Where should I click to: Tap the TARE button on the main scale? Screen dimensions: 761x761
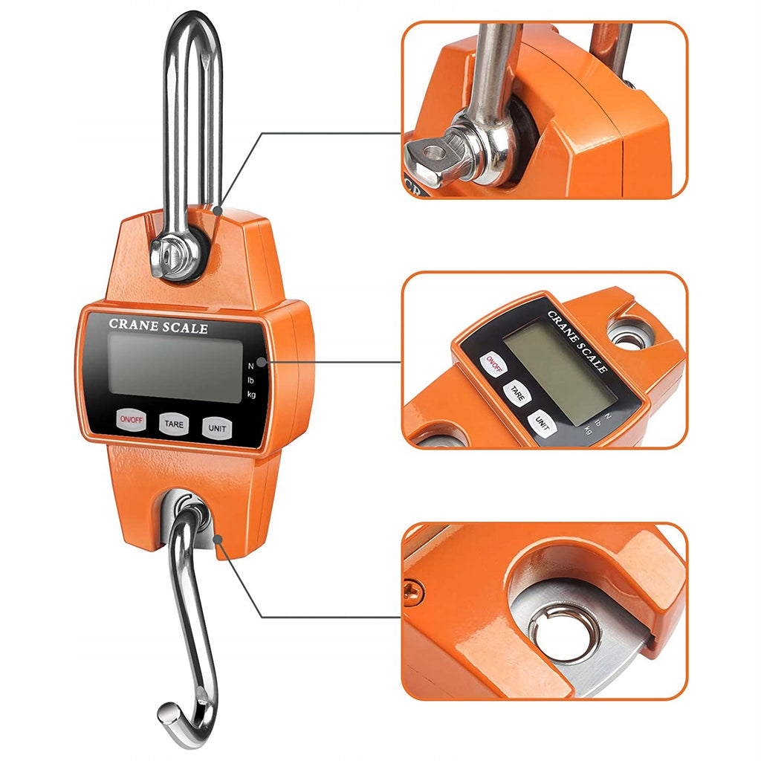[174, 424]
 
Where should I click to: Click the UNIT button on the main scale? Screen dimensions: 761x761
[217, 428]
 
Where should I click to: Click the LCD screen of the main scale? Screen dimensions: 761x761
[175, 367]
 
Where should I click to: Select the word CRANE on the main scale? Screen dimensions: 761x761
[133, 324]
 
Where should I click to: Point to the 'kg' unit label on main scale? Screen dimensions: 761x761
[251, 394]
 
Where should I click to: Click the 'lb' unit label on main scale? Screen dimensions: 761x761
[250, 380]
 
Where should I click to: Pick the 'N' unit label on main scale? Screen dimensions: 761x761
[251, 366]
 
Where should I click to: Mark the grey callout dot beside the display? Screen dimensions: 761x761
[262, 362]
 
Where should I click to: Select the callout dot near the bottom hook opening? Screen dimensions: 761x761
[218, 539]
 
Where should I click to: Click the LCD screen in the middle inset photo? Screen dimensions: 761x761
[560, 373]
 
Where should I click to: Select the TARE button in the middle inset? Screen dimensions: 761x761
[517, 394]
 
